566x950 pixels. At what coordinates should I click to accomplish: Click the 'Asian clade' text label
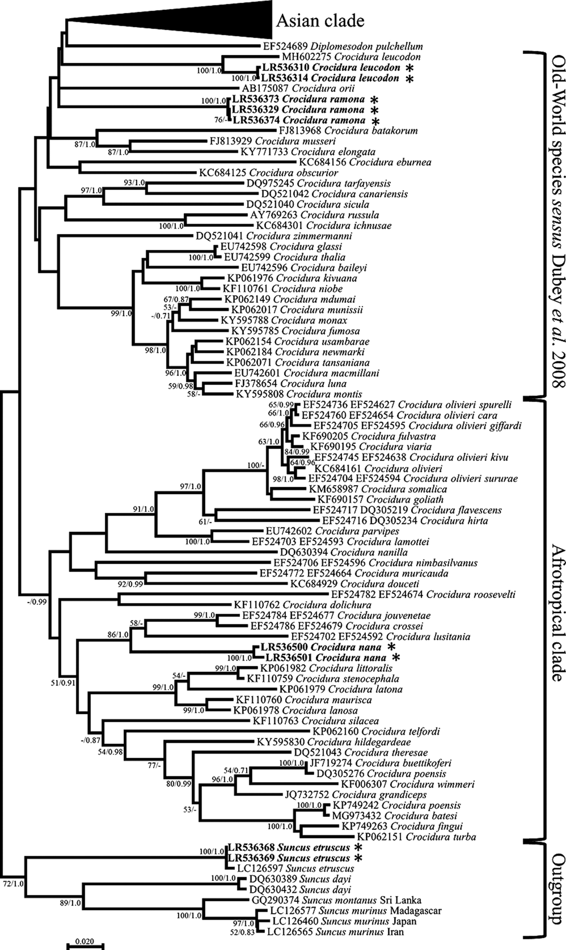[x=321, y=21]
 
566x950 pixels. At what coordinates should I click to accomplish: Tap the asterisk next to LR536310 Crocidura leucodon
[x=410, y=68]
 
